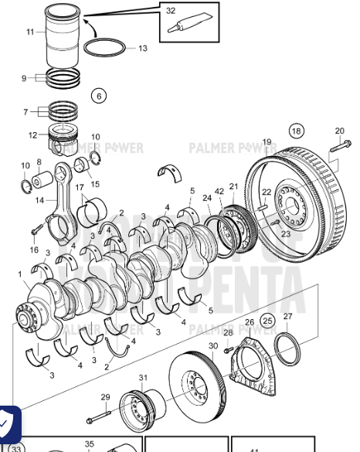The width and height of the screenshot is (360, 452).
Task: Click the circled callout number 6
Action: click(x=97, y=96)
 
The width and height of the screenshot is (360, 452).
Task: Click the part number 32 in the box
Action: click(x=170, y=10)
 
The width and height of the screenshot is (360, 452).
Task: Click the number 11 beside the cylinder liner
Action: click(x=30, y=32)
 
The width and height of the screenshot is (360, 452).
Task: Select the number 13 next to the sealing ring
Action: click(x=142, y=48)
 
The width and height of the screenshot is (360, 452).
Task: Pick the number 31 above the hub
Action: click(x=142, y=377)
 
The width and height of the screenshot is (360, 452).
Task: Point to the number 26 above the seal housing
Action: click(x=249, y=322)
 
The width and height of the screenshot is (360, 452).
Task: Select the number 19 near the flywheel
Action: click(x=267, y=141)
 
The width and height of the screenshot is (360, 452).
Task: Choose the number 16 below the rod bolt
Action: click(x=34, y=250)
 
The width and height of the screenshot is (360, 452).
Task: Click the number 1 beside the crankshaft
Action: click(x=20, y=274)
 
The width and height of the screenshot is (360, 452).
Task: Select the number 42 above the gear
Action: click(x=219, y=191)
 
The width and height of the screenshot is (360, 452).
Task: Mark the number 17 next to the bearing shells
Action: click(x=80, y=188)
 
